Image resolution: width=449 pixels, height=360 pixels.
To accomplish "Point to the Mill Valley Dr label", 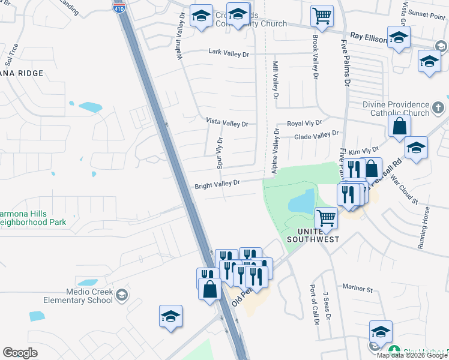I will click(x=276, y=80).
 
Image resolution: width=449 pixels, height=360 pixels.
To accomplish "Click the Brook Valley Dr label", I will click(x=315, y=56).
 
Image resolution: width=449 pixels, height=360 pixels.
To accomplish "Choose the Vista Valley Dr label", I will click(x=227, y=123).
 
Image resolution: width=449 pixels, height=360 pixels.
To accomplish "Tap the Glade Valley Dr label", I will click(x=316, y=137).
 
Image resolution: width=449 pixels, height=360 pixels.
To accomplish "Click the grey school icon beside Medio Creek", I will click(x=122, y=294).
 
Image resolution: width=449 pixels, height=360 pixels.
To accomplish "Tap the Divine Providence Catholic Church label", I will click(x=396, y=109).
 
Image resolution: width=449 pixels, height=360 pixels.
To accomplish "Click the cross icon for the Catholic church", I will click(x=438, y=108).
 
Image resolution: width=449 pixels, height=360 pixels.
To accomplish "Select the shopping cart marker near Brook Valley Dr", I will click(x=322, y=16).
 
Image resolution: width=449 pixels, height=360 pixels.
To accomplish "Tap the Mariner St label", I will click(x=358, y=289).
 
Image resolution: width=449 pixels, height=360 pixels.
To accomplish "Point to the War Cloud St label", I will click(x=405, y=190).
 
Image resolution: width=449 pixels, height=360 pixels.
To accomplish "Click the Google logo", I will click(x=20, y=353).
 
